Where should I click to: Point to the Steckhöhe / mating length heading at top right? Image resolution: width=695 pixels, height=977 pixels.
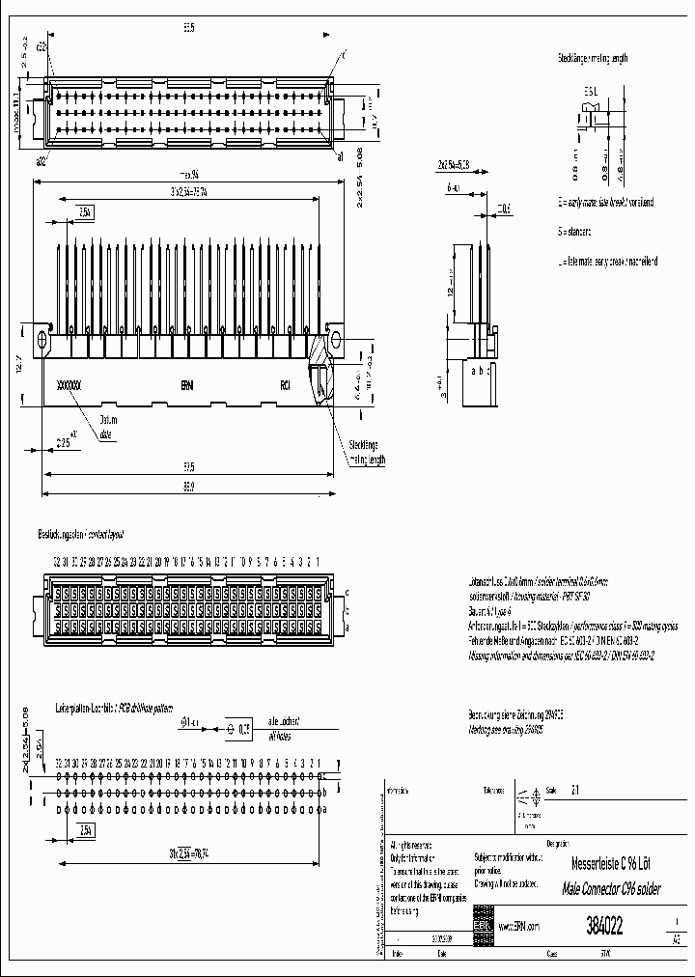[592, 59]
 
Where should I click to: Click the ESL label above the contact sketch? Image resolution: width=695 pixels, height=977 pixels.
[591, 92]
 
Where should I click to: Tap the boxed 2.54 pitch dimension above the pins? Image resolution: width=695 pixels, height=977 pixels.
[85, 211]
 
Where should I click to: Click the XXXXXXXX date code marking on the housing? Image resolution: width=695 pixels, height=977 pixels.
[69, 384]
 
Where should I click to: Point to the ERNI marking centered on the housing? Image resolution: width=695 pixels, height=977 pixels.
[187, 384]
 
